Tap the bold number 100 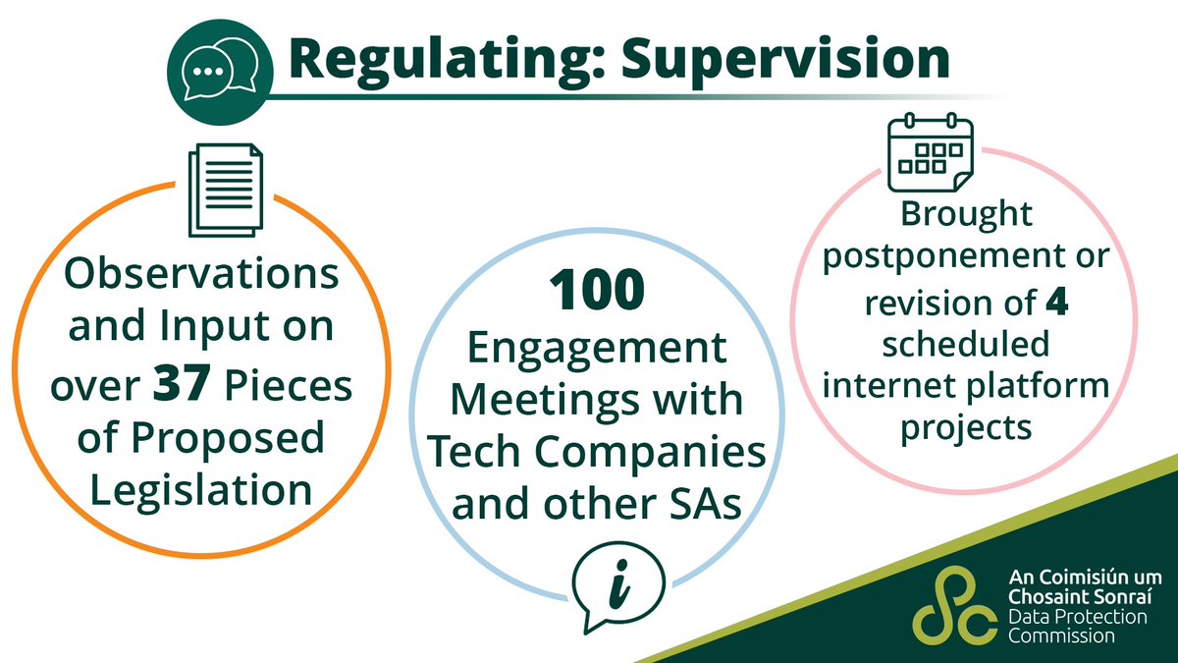tap(596, 293)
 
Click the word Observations tap(203, 275)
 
